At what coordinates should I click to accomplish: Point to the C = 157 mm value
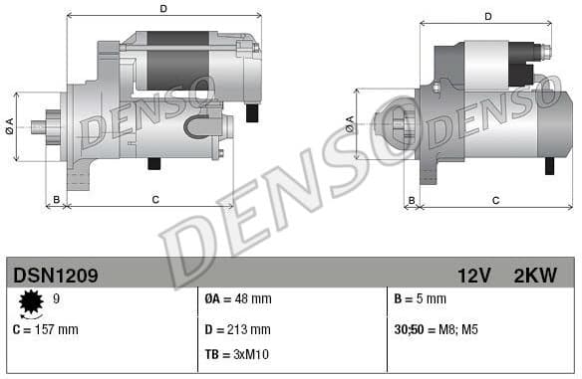point(45,328)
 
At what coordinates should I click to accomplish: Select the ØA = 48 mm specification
point(237,298)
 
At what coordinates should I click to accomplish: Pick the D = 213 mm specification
point(237,328)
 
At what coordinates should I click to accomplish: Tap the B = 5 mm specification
point(420,298)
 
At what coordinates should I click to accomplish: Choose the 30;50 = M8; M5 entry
point(436,328)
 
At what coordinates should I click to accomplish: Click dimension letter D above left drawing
point(163,9)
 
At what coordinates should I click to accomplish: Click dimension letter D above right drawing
point(488,16)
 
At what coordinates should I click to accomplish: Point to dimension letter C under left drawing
point(154,200)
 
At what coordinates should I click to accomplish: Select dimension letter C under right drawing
point(495,201)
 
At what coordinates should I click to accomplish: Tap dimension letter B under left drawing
point(57,200)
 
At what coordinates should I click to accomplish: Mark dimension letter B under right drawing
point(412,201)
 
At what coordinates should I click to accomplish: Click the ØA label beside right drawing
point(350,124)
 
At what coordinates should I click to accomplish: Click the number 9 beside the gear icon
point(56,297)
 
